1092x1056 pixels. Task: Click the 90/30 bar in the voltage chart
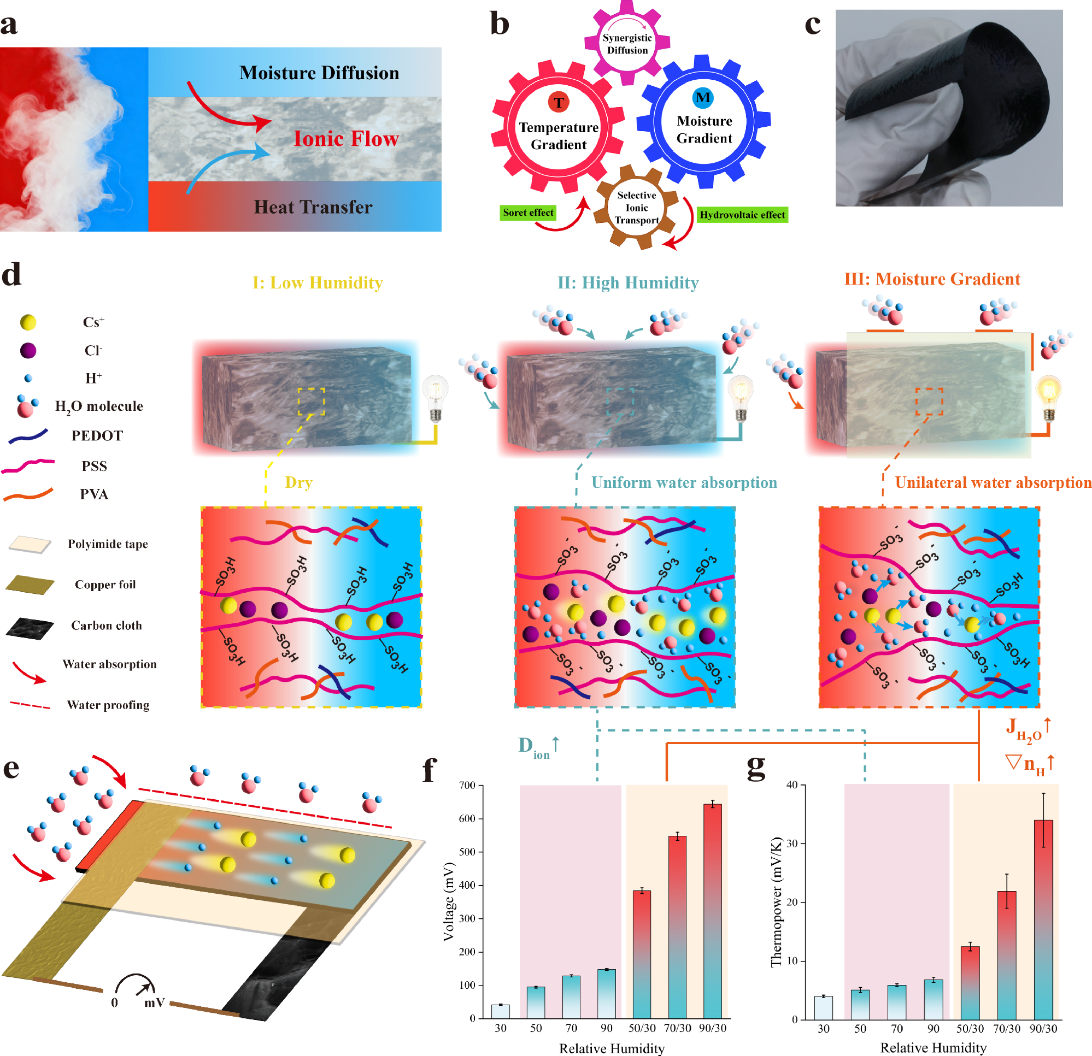pos(712,911)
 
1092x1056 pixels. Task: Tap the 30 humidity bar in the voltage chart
pos(500,1011)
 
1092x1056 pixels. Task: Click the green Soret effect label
pos(527,213)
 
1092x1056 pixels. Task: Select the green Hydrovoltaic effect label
pos(742,215)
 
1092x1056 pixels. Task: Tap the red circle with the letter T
pos(558,102)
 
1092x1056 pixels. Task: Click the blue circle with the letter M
pos(702,97)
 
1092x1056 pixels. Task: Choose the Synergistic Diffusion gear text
pos(627,44)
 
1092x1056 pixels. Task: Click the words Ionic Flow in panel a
pos(346,139)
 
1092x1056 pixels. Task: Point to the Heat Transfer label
pos(313,207)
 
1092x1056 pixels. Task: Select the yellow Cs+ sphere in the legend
pos(28,322)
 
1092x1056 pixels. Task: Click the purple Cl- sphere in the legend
pos(28,350)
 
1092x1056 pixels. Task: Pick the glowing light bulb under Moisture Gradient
pos(1048,396)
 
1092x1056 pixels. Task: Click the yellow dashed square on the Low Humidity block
pos(311,402)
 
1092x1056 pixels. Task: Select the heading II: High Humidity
pos(628,283)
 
